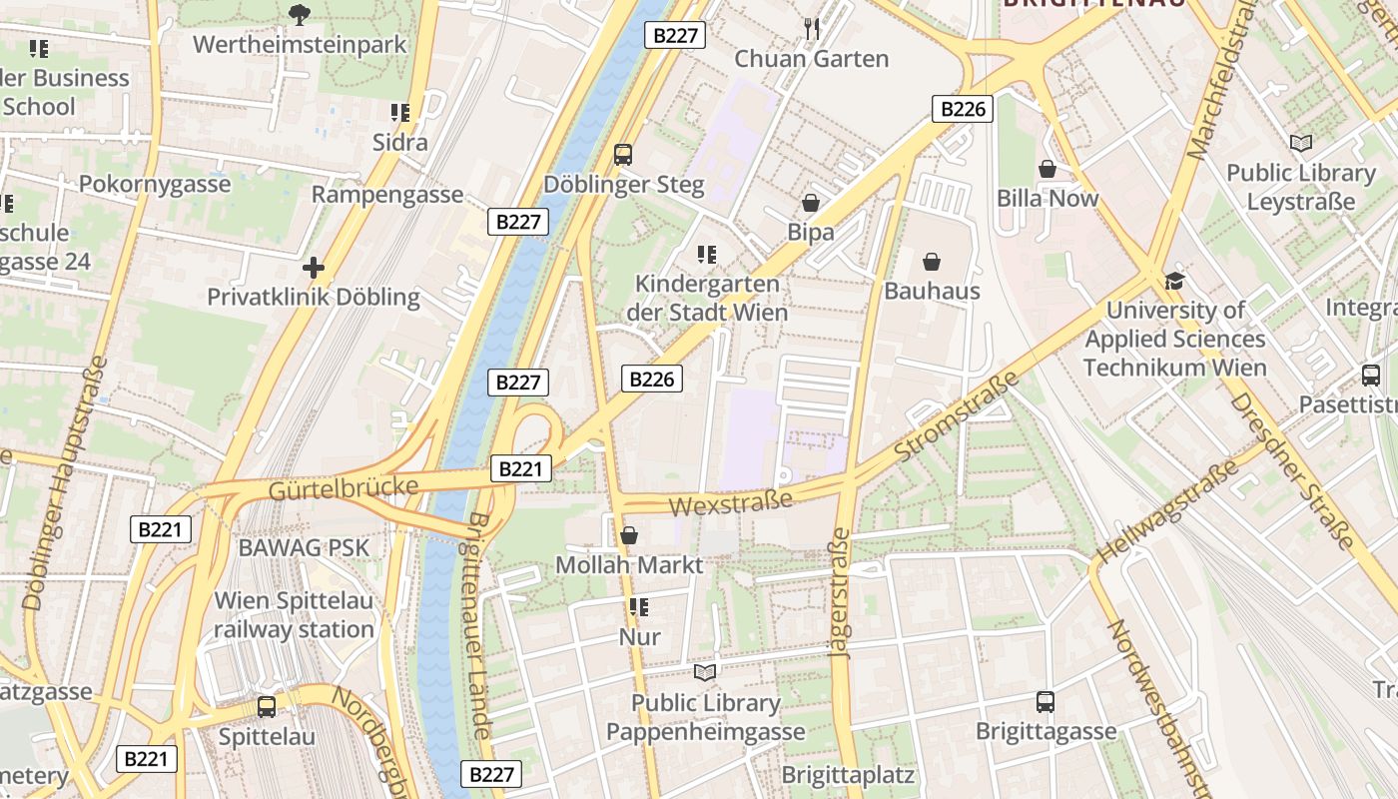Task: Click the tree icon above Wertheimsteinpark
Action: (x=299, y=14)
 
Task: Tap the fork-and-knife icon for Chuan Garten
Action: (x=811, y=29)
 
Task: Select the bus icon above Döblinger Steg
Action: (x=623, y=155)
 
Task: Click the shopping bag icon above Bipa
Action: (x=811, y=203)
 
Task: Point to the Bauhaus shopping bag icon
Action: (x=932, y=262)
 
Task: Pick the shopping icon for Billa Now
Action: (x=1048, y=169)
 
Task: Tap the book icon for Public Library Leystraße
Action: (x=1300, y=144)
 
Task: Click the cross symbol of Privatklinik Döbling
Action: (x=314, y=268)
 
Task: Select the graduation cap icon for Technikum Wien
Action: (x=1174, y=282)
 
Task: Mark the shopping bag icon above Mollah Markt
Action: (x=629, y=536)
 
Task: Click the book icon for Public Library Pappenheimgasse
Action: (x=705, y=673)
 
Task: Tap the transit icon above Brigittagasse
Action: (x=1046, y=702)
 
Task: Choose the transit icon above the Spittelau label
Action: (x=267, y=707)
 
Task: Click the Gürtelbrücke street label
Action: (x=343, y=488)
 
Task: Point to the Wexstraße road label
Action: (x=730, y=501)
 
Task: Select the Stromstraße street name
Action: (x=956, y=416)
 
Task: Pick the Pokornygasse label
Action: (x=155, y=185)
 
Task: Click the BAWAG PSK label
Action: (x=304, y=547)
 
